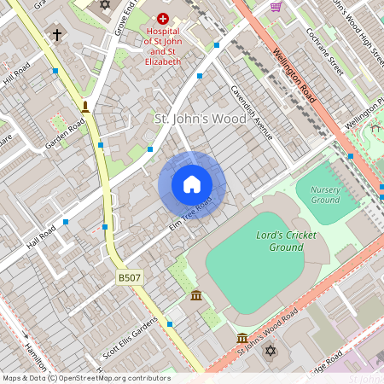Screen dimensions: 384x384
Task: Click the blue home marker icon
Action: (192, 184)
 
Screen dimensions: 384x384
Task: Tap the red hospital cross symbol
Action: (162, 18)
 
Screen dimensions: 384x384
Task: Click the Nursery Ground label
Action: (325, 194)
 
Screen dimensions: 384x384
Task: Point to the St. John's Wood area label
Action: (200, 119)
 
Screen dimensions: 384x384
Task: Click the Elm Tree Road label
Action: (191, 217)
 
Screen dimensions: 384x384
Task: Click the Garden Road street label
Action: (65, 134)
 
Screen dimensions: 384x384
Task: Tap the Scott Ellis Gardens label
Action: (130, 339)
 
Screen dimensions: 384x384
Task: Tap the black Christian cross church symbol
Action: (57, 35)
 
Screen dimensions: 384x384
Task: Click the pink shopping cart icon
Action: (276, 6)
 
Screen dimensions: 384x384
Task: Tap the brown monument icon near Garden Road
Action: (85, 107)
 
